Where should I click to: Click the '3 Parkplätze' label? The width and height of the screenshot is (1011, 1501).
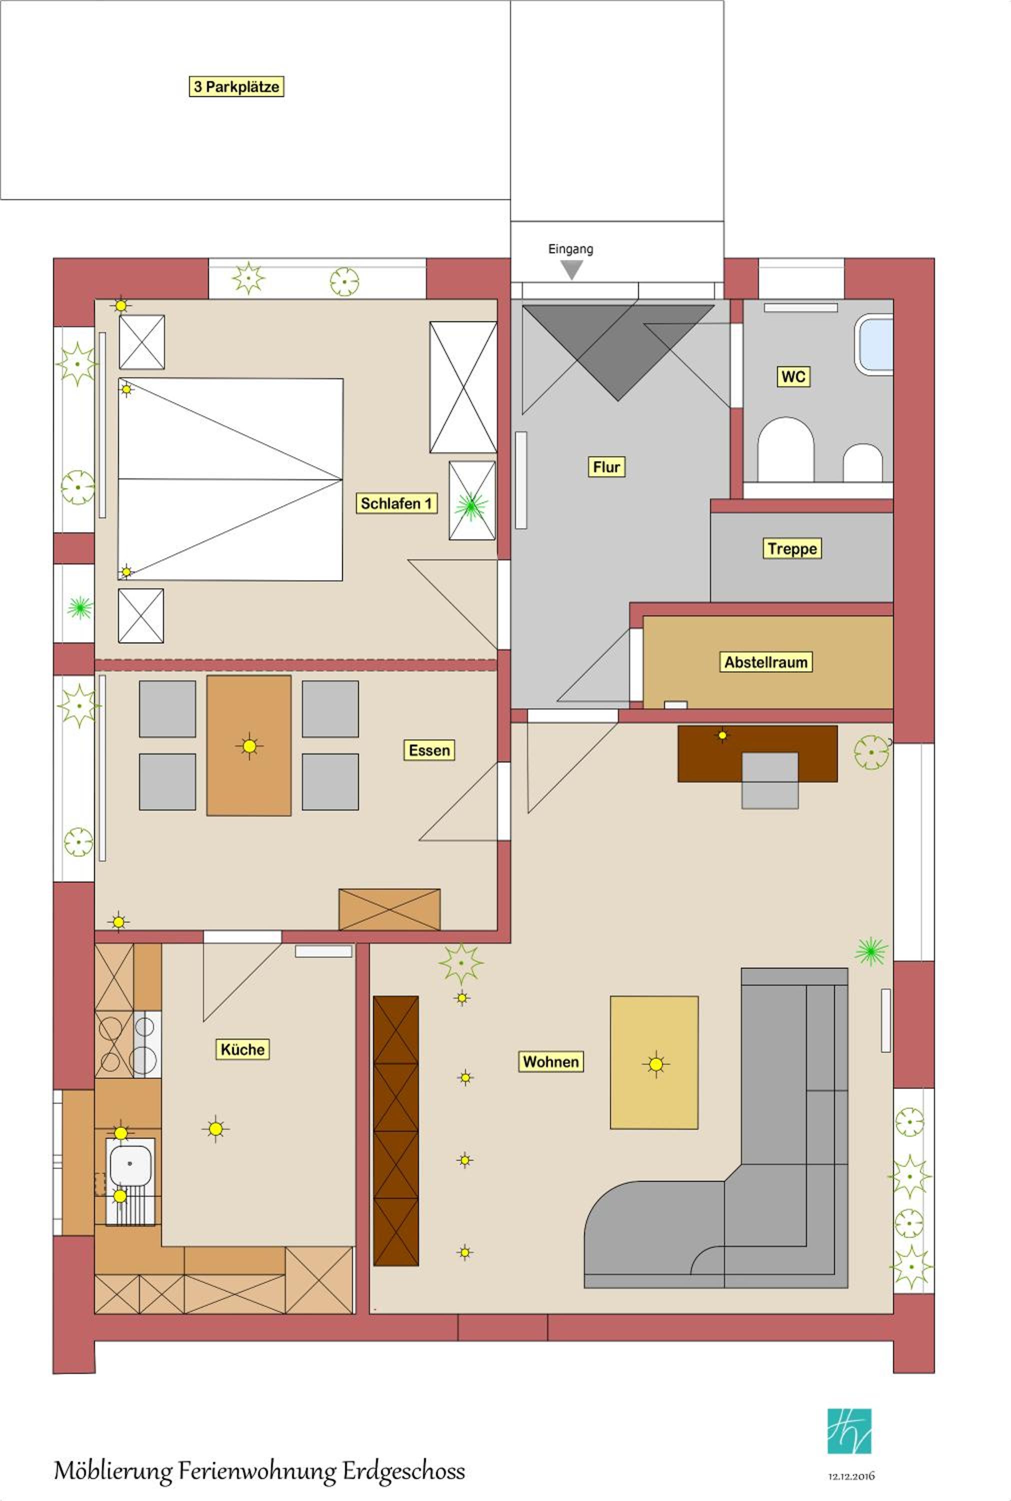point(236,87)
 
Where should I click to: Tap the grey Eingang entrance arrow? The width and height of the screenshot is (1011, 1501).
point(571,270)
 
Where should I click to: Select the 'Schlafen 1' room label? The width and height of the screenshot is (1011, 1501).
point(396,503)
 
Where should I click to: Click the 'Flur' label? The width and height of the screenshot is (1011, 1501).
point(606,467)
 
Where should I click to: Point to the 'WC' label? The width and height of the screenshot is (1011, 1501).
point(793,377)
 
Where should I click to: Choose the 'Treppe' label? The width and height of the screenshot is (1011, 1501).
point(792,548)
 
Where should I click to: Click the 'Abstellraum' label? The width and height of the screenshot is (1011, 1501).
point(766,662)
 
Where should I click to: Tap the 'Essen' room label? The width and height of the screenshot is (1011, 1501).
point(429,750)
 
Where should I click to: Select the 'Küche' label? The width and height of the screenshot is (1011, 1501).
point(242,1050)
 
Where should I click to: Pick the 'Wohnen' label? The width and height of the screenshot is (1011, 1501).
point(550,1062)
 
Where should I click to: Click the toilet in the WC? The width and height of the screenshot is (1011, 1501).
point(785,450)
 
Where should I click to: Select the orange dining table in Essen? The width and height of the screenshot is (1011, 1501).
point(249,745)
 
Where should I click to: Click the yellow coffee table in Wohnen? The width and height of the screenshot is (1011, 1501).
point(654,1062)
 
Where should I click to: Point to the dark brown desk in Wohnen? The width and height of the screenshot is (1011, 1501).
point(757,754)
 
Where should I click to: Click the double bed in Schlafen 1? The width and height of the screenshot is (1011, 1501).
point(230,479)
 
